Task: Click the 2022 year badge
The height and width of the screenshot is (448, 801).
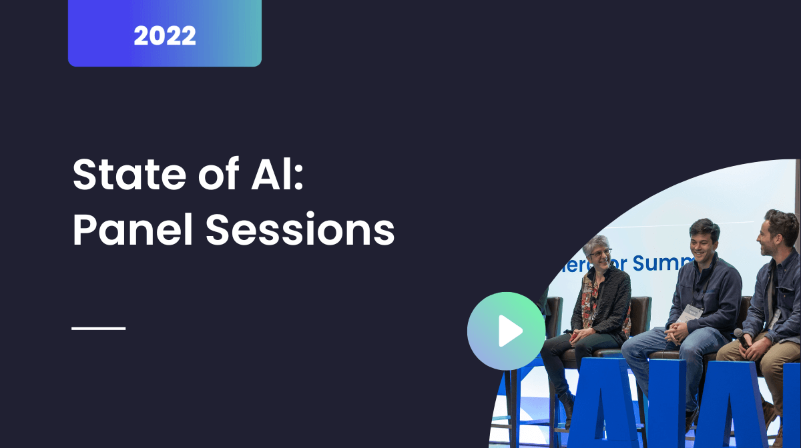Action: click(x=165, y=35)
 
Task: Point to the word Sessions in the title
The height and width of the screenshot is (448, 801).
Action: click(x=300, y=230)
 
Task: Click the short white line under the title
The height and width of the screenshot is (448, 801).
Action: click(x=99, y=328)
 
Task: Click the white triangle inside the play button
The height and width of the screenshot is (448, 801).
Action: click(x=509, y=331)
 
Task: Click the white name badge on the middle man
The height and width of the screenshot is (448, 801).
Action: click(x=690, y=312)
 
